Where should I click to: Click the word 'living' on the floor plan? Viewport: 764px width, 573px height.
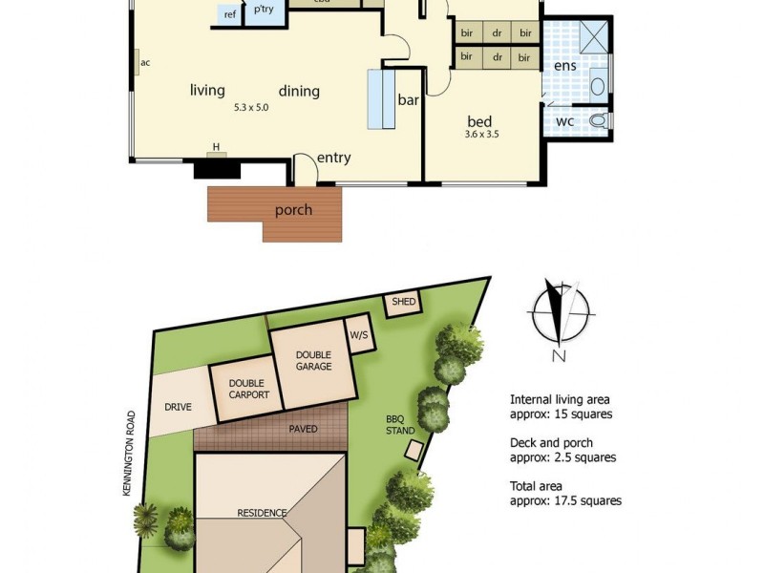pyautogui.click(x=207, y=91)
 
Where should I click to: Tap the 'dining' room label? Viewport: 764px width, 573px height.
pyautogui.click(x=299, y=92)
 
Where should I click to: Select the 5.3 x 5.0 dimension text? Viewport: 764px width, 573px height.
pyautogui.click(x=251, y=108)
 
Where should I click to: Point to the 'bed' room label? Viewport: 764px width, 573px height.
pyautogui.click(x=479, y=121)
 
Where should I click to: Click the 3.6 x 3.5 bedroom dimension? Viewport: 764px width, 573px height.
pyautogui.click(x=481, y=136)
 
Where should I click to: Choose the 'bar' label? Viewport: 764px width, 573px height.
pyautogui.click(x=409, y=99)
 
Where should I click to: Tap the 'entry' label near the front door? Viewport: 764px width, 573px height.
pyautogui.click(x=334, y=158)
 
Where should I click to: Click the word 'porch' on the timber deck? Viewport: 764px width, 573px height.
pyautogui.click(x=293, y=209)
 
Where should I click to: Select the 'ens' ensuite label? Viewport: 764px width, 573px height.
pyautogui.click(x=564, y=66)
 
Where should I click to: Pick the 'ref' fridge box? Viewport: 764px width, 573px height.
pyautogui.click(x=229, y=14)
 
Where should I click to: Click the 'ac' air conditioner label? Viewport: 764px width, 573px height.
pyautogui.click(x=145, y=64)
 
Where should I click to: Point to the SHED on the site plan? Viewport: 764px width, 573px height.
pyautogui.click(x=403, y=304)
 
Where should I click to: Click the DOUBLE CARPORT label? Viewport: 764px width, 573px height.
pyautogui.click(x=248, y=389)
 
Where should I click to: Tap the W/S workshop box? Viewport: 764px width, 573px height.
pyautogui.click(x=359, y=335)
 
